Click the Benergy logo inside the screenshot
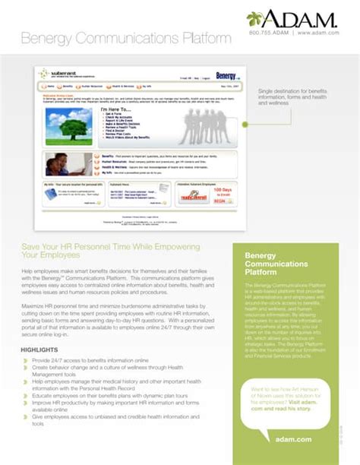coord(224,76)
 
